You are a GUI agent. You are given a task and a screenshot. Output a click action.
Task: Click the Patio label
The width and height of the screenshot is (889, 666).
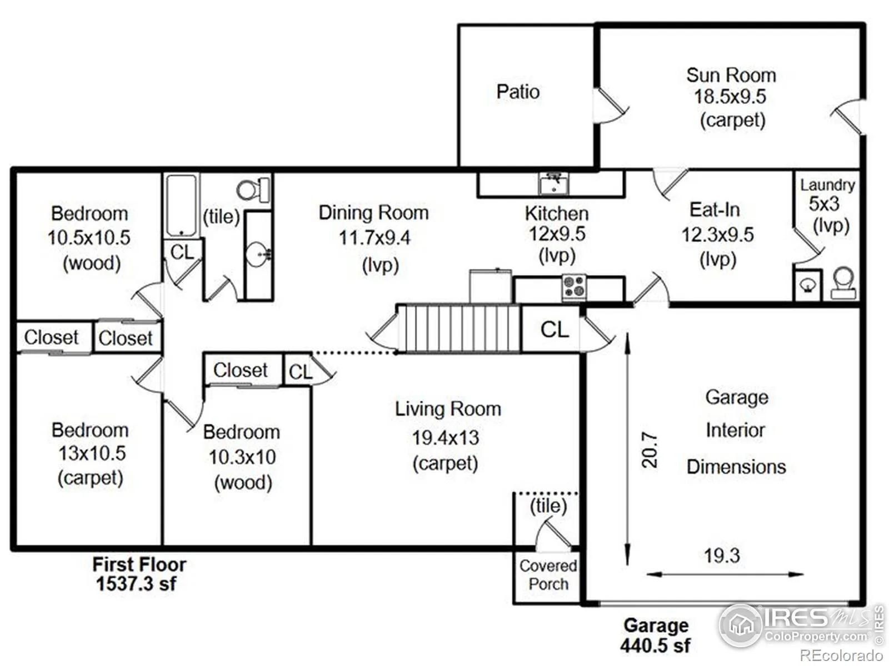(x=518, y=92)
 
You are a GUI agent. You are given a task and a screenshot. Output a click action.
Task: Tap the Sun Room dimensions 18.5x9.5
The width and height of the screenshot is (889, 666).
(x=730, y=97)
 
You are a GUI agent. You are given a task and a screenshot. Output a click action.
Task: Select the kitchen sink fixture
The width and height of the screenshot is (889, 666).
(x=553, y=184)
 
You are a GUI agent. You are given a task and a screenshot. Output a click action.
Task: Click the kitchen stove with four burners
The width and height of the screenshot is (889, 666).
(x=574, y=287)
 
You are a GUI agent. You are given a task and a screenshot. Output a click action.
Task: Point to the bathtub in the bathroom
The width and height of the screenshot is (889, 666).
(x=181, y=206)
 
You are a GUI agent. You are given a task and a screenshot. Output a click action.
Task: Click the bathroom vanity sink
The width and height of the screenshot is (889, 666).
(x=258, y=255)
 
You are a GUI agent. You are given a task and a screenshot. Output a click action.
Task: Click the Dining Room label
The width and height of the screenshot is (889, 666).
(x=373, y=213)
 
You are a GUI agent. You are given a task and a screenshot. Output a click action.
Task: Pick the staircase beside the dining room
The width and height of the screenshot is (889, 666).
(x=458, y=328)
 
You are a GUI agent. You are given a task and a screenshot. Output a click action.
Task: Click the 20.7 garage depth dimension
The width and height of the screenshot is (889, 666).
(x=649, y=450)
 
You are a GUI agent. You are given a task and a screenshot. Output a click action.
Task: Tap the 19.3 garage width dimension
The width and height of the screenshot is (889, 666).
(x=722, y=556)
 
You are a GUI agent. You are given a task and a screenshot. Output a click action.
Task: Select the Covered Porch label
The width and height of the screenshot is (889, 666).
(x=548, y=575)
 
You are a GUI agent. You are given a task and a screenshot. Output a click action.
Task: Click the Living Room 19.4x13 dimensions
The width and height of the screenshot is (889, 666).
(x=446, y=438)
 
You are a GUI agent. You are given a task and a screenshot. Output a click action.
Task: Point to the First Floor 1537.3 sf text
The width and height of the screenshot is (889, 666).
(x=138, y=574)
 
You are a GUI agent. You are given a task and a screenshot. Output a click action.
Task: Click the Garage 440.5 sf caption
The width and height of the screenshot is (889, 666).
(x=656, y=635)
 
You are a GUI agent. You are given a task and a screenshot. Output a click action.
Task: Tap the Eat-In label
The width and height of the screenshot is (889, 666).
(x=715, y=210)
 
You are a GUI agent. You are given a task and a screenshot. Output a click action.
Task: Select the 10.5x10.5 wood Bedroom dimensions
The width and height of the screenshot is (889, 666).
(x=89, y=238)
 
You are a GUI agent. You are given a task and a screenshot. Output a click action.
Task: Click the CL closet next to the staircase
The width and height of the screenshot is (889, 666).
(x=554, y=330)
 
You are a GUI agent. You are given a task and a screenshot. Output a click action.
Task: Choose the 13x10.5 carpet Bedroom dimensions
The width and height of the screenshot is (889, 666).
(x=92, y=453)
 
